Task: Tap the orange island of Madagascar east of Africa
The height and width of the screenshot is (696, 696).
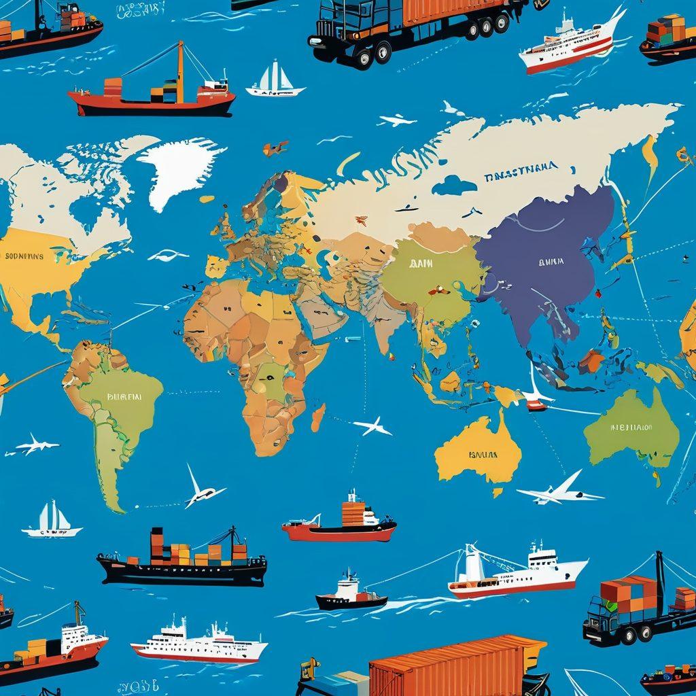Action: (317, 417)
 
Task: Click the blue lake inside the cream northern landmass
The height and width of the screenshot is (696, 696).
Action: (453, 184)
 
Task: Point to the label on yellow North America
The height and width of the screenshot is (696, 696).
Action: (24, 257)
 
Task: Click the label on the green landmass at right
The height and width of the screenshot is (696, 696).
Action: (630, 428)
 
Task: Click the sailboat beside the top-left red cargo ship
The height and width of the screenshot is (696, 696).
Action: (275, 80)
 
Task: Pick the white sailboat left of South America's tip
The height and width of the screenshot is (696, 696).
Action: (51, 520)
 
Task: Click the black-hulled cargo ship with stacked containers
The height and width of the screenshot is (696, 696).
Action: (182, 559)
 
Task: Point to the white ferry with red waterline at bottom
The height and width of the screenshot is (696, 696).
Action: (199, 642)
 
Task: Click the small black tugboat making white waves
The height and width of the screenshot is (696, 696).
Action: (350, 593)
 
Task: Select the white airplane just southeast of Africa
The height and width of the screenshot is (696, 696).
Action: (372, 426)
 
